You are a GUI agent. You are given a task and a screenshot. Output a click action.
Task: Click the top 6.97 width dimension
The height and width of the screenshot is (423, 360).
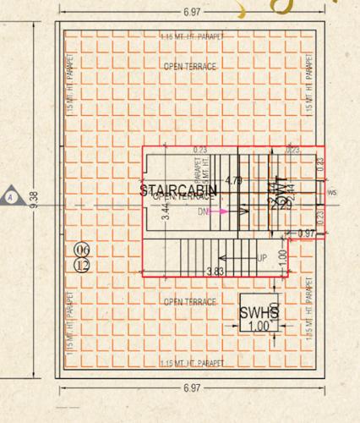point(191,13)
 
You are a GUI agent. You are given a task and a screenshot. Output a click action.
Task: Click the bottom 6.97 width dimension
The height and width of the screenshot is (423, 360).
point(192,387)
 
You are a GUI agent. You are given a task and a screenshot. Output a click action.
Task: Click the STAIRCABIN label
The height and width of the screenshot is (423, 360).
point(178,190)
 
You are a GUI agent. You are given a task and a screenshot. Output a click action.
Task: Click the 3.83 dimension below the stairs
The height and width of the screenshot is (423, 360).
point(215,272)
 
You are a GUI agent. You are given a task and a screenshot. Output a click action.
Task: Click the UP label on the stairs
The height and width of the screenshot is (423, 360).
point(263,256)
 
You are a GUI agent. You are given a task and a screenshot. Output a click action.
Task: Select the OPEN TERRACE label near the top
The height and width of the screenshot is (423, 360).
point(190,65)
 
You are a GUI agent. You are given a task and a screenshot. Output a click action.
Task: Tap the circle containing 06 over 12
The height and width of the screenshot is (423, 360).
point(82,256)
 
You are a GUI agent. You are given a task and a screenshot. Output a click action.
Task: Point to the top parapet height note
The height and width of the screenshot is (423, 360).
point(191,37)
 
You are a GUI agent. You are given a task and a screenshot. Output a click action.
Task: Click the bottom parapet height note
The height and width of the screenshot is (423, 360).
point(191,363)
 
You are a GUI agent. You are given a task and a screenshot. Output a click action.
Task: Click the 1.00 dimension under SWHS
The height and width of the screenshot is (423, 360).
point(259,326)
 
